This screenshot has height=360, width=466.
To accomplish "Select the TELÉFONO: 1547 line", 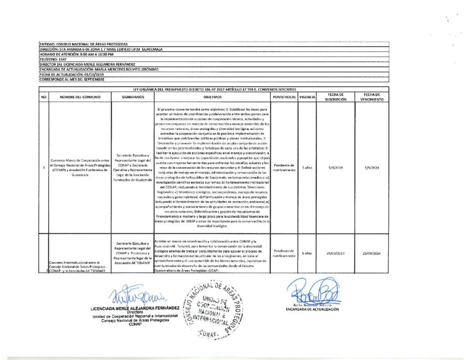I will tap(53, 59).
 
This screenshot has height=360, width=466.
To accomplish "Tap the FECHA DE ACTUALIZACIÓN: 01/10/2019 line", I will tap(72, 74).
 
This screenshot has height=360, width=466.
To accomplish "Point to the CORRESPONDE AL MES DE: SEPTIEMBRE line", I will tap(72, 80).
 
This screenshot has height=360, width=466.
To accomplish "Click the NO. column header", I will tap(44, 97).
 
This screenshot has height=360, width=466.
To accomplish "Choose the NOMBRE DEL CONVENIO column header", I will tap(80, 97).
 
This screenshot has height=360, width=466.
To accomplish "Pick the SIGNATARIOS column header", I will tap(134, 97).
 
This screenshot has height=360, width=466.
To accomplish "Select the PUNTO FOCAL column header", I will tap(284, 97).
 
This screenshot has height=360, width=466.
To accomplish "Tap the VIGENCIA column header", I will tap(307, 97).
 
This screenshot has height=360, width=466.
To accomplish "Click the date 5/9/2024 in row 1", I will tap(372, 168).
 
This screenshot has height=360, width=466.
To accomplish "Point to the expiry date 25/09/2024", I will tap(372, 253).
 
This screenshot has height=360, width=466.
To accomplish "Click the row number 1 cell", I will tap(44, 168).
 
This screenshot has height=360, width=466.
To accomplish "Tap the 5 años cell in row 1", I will tap(307, 168).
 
